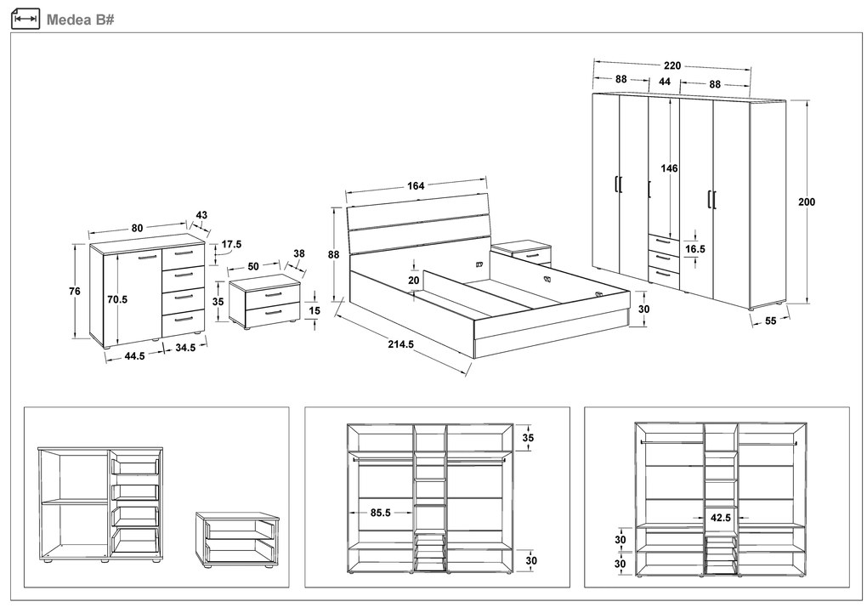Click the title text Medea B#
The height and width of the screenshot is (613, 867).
click(x=80, y=19)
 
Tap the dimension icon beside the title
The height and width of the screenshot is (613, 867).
click(x=26, y=19)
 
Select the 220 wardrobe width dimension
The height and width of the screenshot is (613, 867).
click(x=672, y=65)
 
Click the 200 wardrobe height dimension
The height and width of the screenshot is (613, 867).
click(x=807, y=202)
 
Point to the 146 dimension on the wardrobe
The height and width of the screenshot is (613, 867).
click(x=670, y=168)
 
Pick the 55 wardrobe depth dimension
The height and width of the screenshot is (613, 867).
click(x=771, y=321)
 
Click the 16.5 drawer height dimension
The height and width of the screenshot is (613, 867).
click(x=695, y=250)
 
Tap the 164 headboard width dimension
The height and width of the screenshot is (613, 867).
click(x=416, y=185)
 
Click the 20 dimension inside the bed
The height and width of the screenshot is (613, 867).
click(x=413, y=280)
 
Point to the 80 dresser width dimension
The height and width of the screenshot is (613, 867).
click(x=137, y=227)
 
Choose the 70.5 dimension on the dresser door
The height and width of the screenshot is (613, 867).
click(x=117, y=299)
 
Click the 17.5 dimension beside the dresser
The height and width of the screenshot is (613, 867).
click(x=231, y=245)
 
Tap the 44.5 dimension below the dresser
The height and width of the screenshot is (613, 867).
click(x=134, y=356)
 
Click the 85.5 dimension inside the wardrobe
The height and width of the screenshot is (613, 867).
click(x=380, y=513)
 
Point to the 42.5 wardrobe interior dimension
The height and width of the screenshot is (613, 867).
click(x=722, y=516)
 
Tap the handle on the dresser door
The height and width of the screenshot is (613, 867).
click(x=147, y=256)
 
